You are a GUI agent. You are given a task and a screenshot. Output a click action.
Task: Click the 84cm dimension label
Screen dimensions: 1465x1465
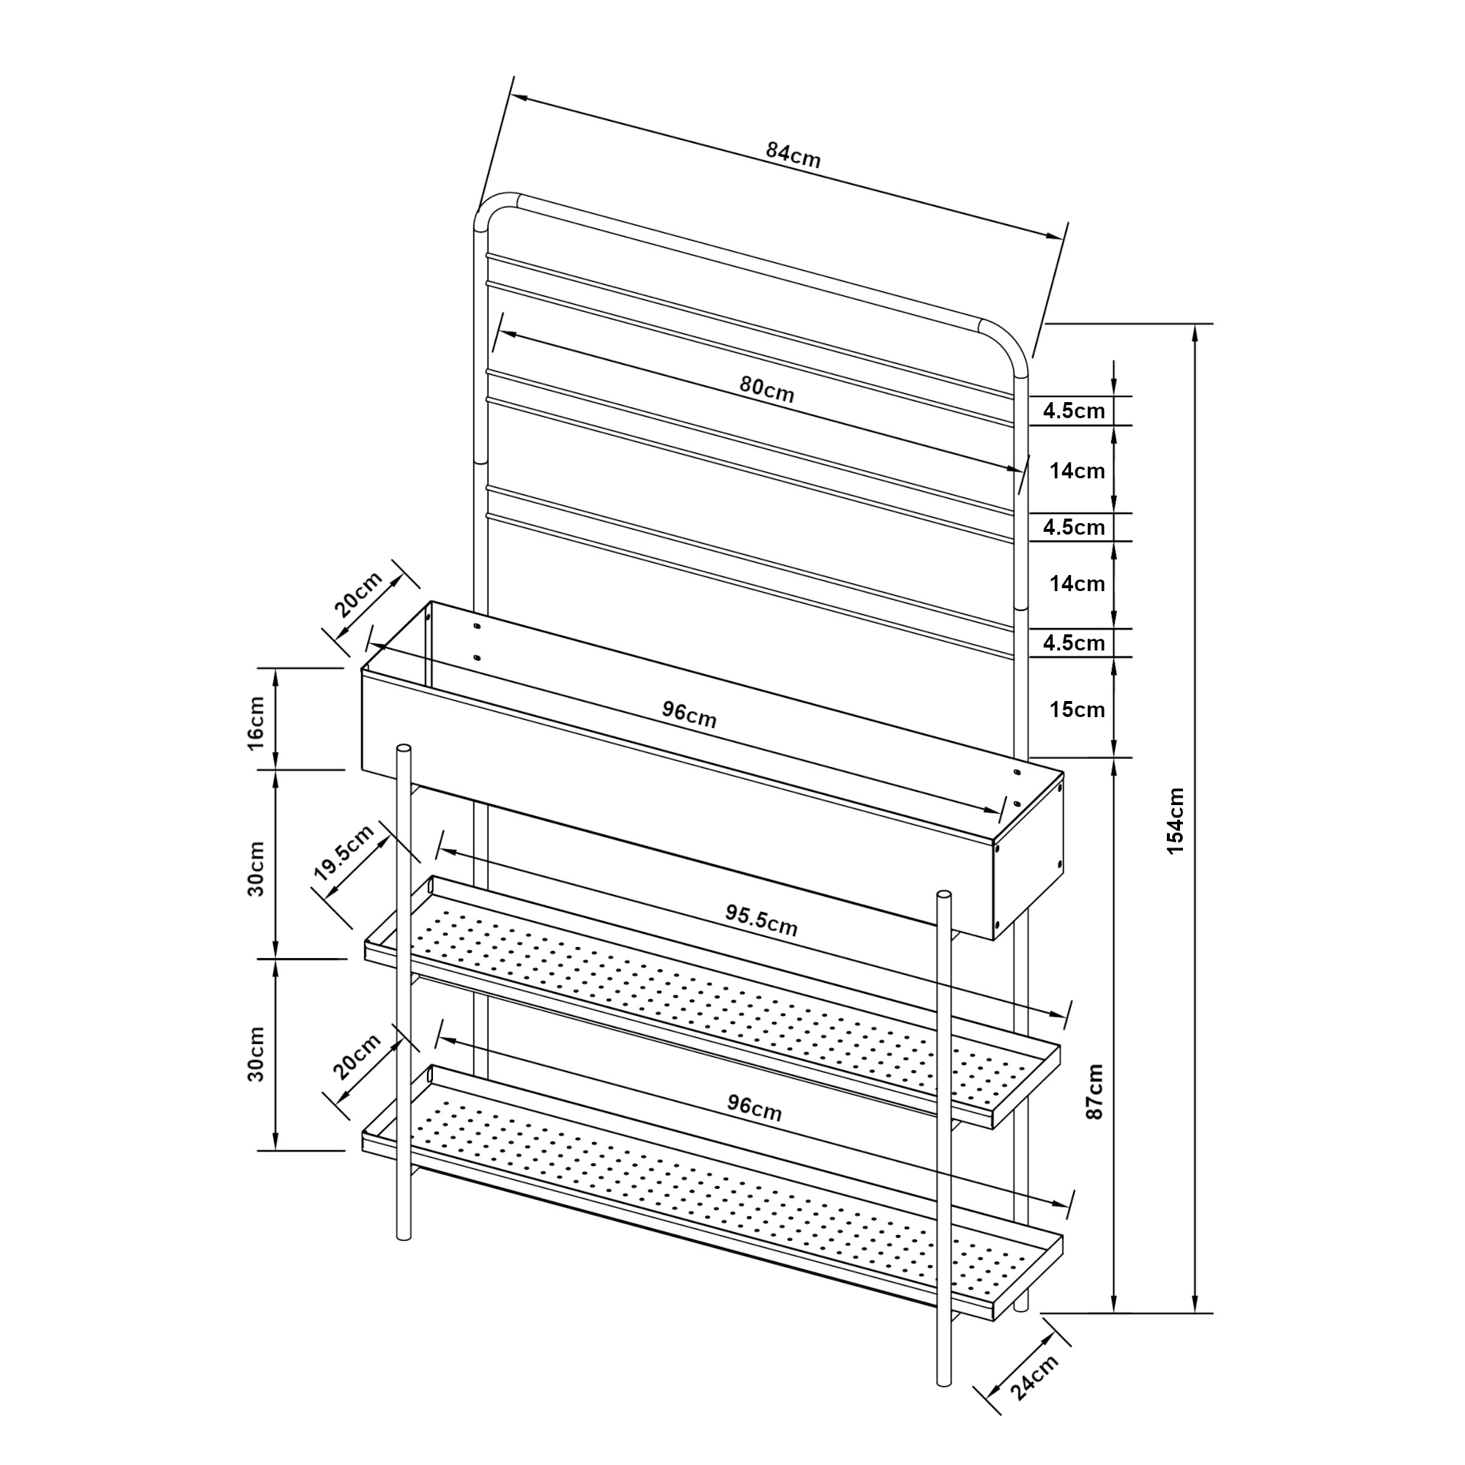pyautogui.click(x=793, y=154)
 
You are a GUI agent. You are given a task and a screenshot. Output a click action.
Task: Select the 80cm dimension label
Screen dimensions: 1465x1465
pyautogui.click(x=768, y=389)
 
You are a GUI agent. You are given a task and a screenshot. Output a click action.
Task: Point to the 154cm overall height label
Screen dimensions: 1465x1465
pyautogui.click(x=1175, y=821)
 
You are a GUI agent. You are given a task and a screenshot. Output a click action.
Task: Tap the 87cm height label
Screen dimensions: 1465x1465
pyautogui.click(x=1095, y=1092)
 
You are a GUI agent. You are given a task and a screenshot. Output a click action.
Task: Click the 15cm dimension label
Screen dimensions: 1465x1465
pyautogui.click(x=1077, y=710)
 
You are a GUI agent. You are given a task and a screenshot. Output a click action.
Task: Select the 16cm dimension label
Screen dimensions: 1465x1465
pyautogui.click(x=256, y=723)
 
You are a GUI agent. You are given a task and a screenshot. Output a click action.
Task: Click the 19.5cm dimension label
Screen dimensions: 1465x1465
pyautogui.click(x=344, y=853)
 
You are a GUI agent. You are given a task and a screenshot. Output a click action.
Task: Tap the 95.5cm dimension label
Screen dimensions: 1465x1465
pyautogui.click(x=761, y=921)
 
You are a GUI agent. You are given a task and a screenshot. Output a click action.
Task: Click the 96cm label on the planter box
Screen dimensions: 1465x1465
pyautogui.click(x=689, y=714)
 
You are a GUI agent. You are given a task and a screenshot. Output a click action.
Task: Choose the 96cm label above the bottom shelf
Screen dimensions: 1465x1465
pyautogui.click(x=754, y=1108)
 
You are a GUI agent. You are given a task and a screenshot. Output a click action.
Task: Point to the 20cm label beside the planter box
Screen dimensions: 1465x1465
pyautogui.click(x=359, y=594)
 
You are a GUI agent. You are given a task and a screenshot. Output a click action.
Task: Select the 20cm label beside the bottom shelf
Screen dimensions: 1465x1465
pyautogui.click(x=357, y=1057)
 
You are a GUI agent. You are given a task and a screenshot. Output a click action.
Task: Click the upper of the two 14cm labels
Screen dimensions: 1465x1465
pyautogui.click(x=1077, y=471)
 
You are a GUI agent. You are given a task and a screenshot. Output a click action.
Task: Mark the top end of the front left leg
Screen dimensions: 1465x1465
pyautogui.click(x=404, y=749)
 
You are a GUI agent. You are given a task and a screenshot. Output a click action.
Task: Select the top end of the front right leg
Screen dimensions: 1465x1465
pyautogui.click(x=945, y=897)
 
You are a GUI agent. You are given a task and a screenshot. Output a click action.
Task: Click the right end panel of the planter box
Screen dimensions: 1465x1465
pyautogui.click(x=1028, y=856)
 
